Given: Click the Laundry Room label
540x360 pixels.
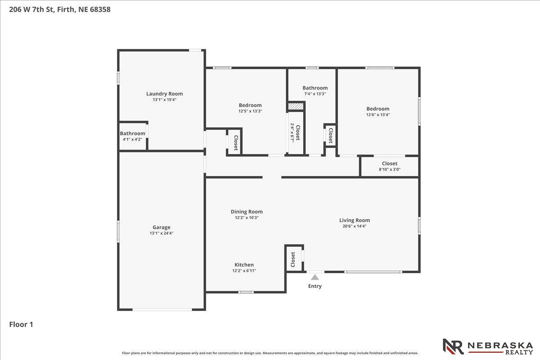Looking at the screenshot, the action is [164, 94].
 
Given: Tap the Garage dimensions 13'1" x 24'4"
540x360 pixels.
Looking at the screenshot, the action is [162, 233].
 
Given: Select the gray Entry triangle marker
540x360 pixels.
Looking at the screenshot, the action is [315, 277].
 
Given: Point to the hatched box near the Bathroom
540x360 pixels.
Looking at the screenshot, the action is [296, 106].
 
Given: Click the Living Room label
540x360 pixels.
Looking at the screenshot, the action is [355, 220].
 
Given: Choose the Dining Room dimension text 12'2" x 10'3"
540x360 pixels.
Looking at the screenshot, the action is [247, 217].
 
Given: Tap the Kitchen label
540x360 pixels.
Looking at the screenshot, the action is [244, 265].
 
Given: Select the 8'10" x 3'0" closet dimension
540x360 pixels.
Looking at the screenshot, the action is [390, 169].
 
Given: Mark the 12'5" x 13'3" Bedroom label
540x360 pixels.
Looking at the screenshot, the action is [250, 105].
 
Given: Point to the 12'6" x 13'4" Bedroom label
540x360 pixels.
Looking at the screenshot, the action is [378, 109].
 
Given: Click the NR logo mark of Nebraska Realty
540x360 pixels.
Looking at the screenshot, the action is [453, 346].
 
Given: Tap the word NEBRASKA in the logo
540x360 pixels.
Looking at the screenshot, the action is [500, 346].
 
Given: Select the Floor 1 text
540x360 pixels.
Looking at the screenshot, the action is [21, 324].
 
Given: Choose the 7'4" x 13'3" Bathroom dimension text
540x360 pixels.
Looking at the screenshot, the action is [315, 94].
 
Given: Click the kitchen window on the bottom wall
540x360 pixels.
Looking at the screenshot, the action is [246, 292].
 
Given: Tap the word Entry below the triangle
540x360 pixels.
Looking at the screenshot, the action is [315, 286].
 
